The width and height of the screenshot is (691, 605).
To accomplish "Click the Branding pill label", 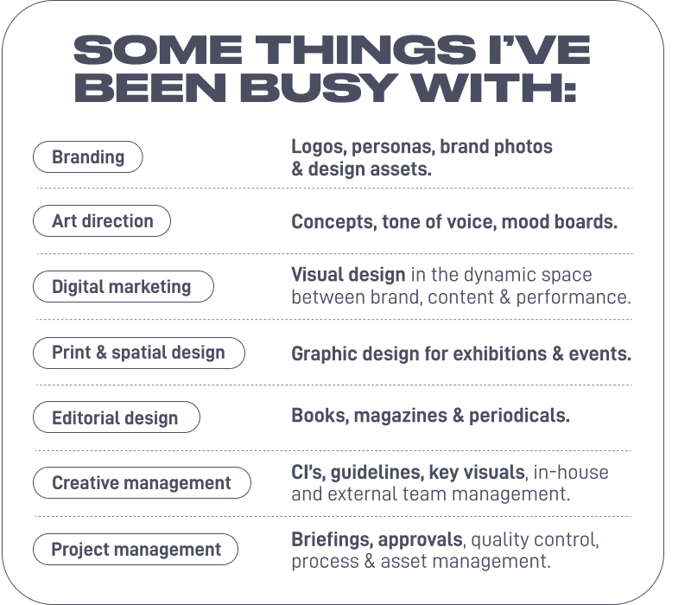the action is click(87, 157).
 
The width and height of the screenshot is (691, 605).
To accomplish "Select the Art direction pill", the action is click(102, 221).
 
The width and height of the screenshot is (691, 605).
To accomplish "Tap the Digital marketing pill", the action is click(121, 286).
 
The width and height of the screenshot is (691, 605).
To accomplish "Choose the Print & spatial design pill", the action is click(138, 353).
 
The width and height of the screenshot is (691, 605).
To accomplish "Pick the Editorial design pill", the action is click(115, 418).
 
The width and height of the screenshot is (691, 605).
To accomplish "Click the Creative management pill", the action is click(141, 482).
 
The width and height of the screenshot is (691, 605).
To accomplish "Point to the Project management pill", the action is click(136, 549).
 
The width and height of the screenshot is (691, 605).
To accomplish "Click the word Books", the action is click(314, 416).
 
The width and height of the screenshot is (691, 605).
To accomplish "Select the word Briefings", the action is click(329, 539).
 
